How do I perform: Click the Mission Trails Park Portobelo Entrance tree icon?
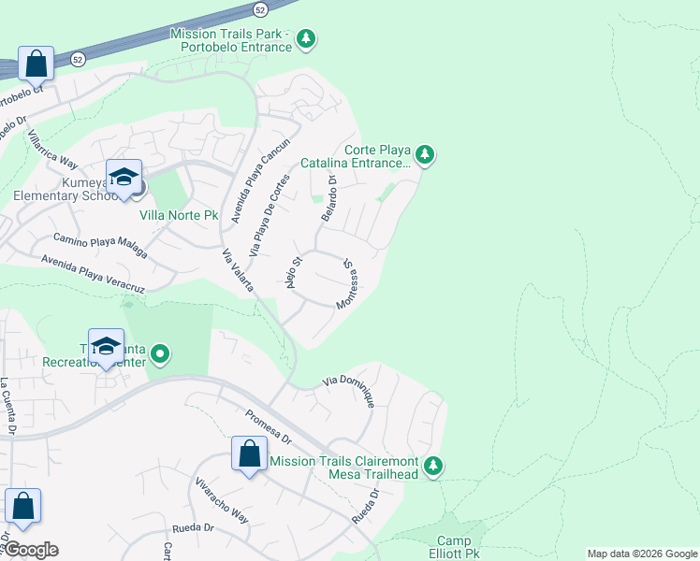(x=305, y=39)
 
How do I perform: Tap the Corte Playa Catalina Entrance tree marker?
(x=425, y=154)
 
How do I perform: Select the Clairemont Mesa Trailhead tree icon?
(x=432, y=466)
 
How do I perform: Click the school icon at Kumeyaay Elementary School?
(x=124, y=177)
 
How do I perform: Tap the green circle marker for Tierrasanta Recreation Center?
(x=160, y=353)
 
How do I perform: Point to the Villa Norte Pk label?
(x=179, y=215)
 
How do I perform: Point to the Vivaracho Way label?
(x=222, y=502)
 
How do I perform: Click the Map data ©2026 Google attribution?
(x=641, y=554)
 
